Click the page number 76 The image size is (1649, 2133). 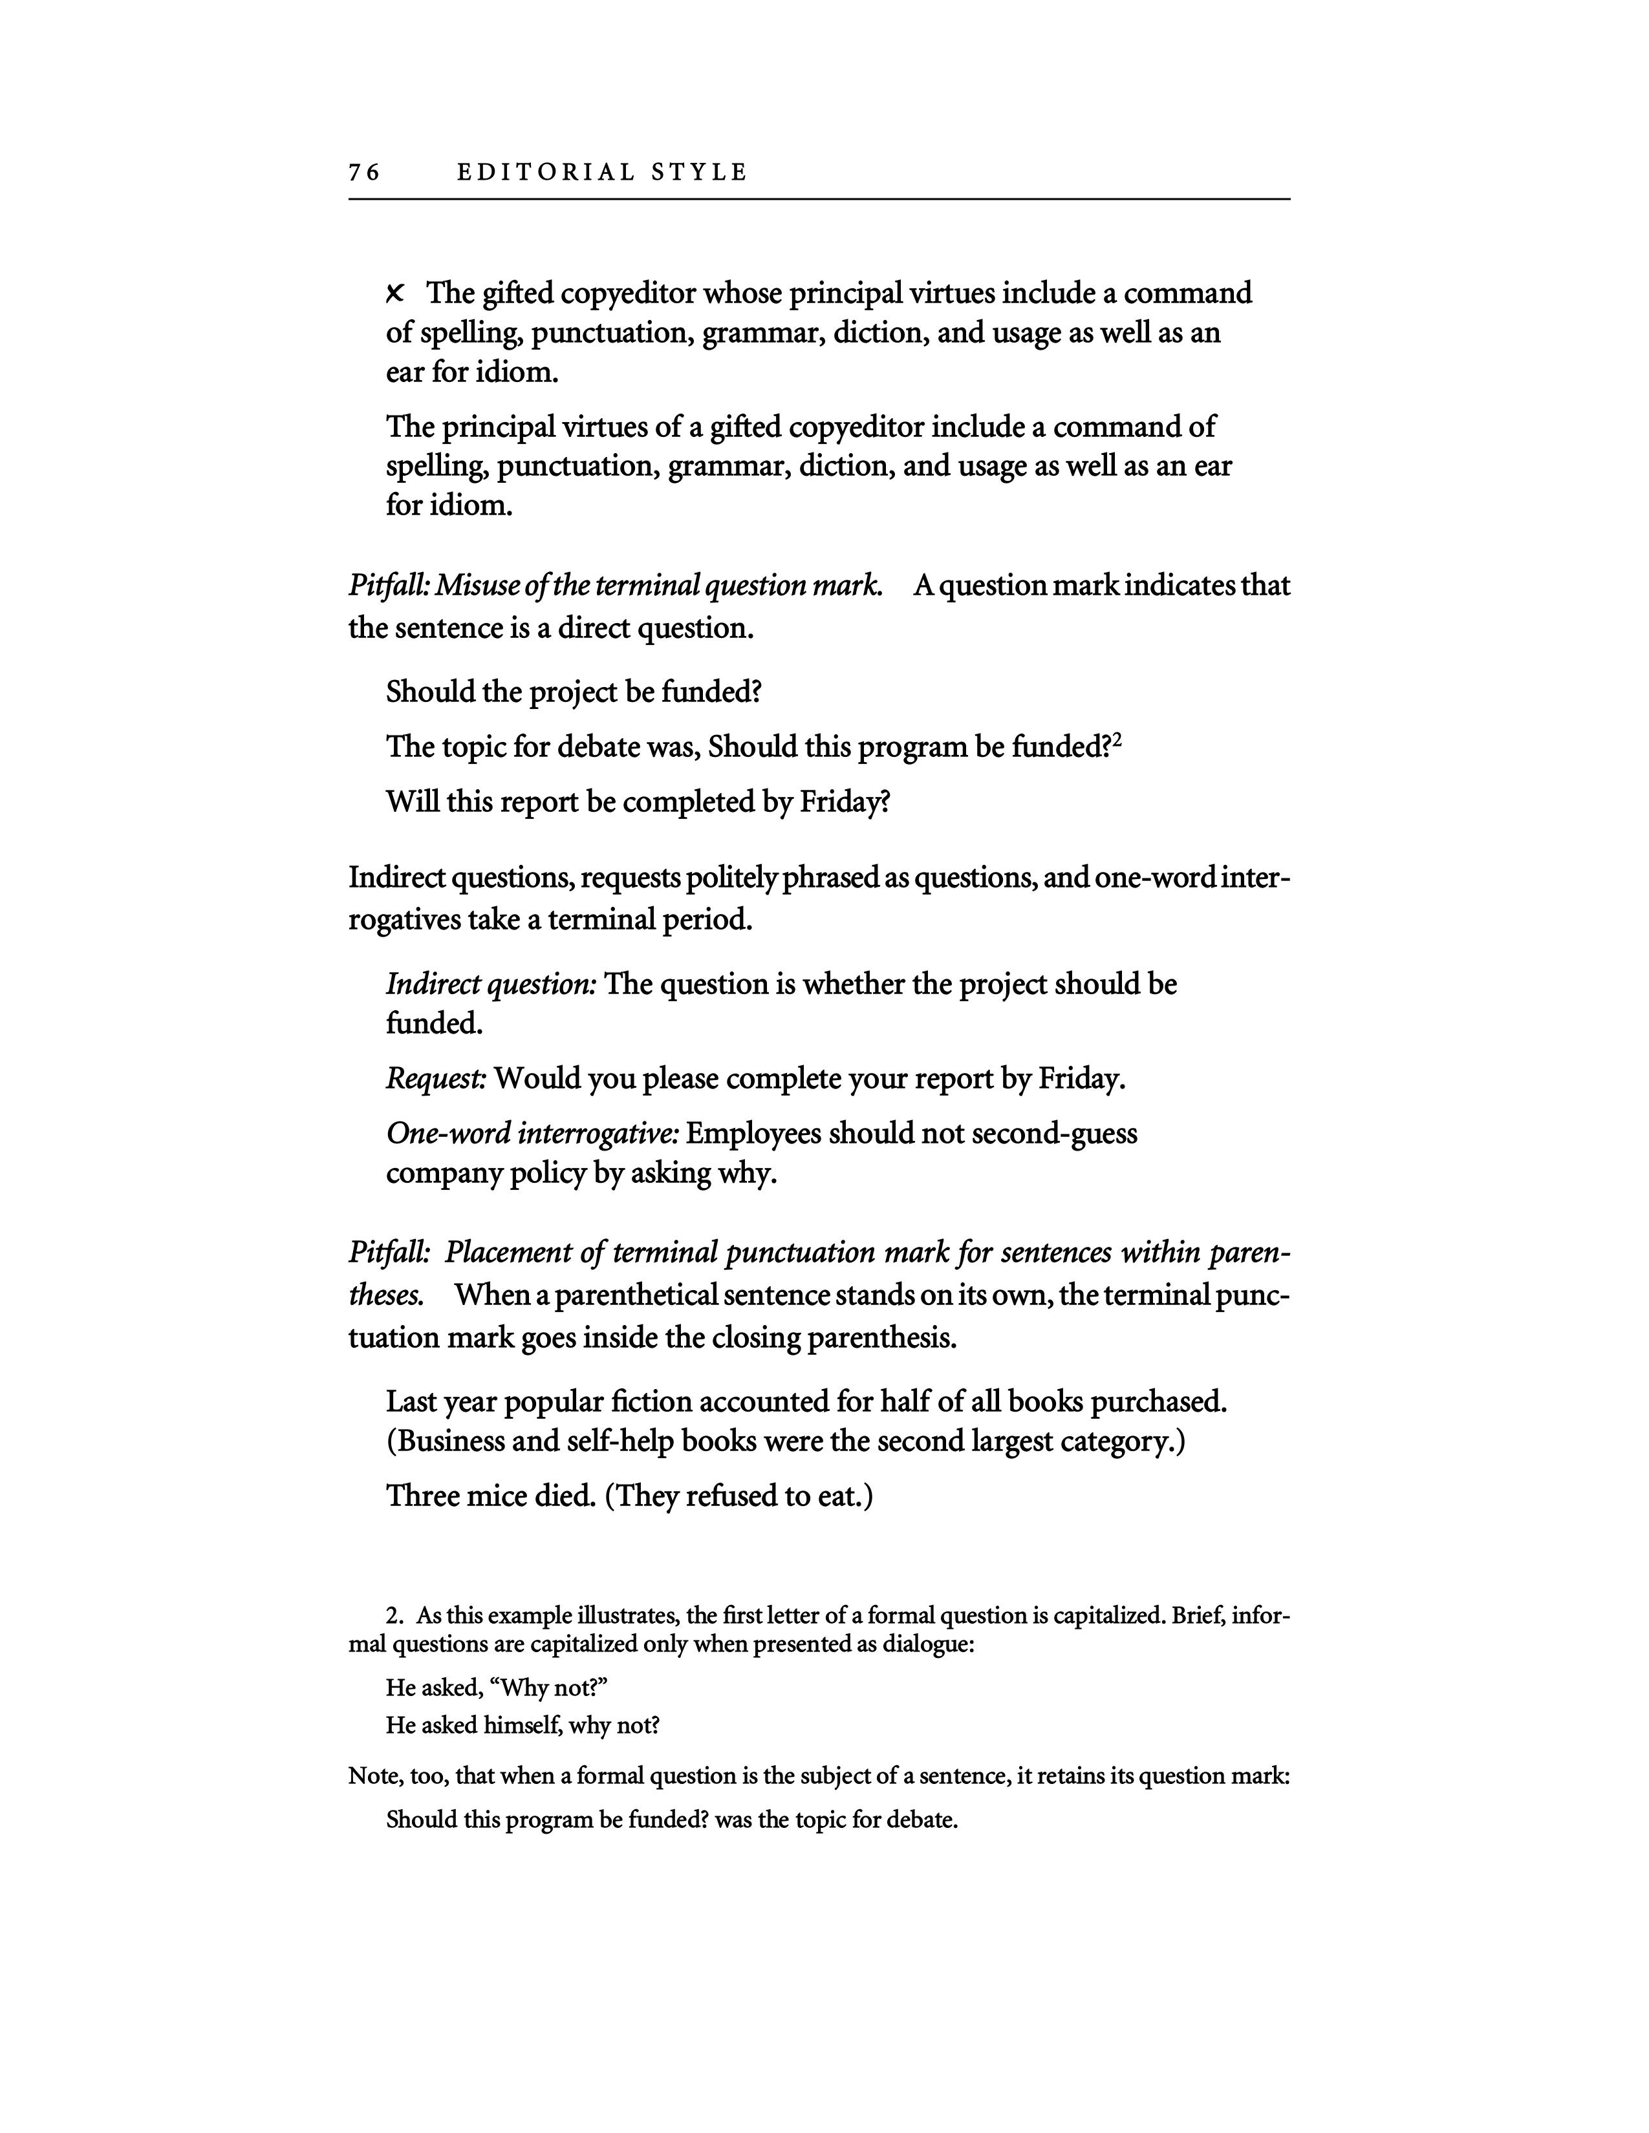click(x=363, y=173)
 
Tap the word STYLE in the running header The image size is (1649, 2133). click(x=700, y=173)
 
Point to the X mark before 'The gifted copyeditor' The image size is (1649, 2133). click(x=396, y=293)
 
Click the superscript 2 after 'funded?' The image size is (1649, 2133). click(x=1117, y=741)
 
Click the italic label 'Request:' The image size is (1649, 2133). click(x=436, y=1078)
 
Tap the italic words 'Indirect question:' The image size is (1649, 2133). click(x=490, y=984)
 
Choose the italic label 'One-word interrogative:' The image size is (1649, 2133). click(x=532, y=1133)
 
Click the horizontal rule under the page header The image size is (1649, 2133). click(x=819, y=199)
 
